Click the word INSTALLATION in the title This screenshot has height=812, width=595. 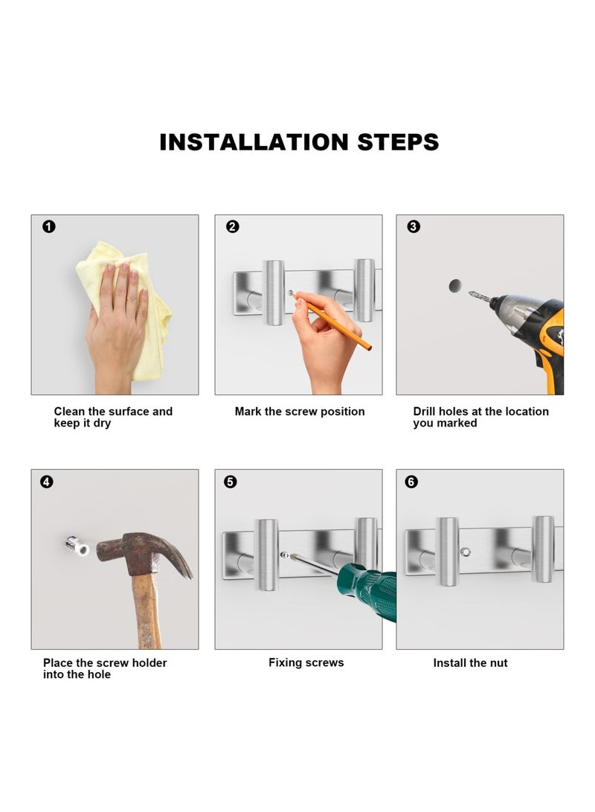click(254, 142)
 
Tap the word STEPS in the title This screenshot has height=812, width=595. click(398, 142)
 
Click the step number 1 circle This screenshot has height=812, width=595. click(49, 227)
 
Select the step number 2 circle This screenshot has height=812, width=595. click(233, 227)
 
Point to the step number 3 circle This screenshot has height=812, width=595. click(414, 227)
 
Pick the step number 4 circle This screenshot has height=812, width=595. click(47, 482)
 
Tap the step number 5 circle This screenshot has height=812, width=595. click(231, 482)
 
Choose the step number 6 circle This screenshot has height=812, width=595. click(411, 482)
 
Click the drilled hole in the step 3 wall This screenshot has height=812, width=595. click(455, 286)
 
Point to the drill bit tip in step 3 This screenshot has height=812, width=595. click(470, 294)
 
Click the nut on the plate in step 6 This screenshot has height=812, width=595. click(465, 552)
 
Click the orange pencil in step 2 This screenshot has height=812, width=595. click(331, 321)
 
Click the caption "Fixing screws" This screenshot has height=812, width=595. click(306, 663)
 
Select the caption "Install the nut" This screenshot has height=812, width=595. click(470, 663)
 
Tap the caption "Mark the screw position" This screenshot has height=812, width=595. click(300, 412)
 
